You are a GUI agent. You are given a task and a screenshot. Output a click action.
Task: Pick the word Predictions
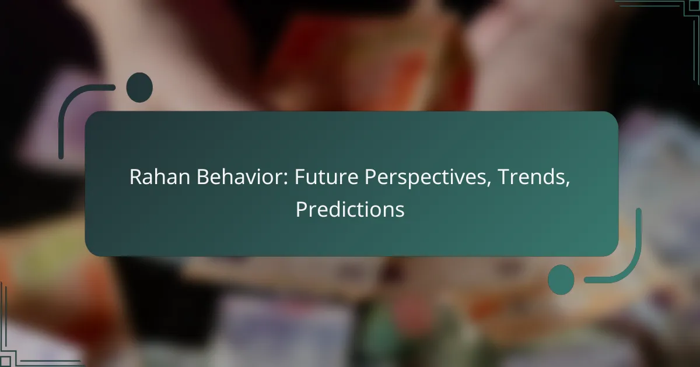[x=350, y=210]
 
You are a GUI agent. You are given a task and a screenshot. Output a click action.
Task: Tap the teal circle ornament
[x=561, y=279]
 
